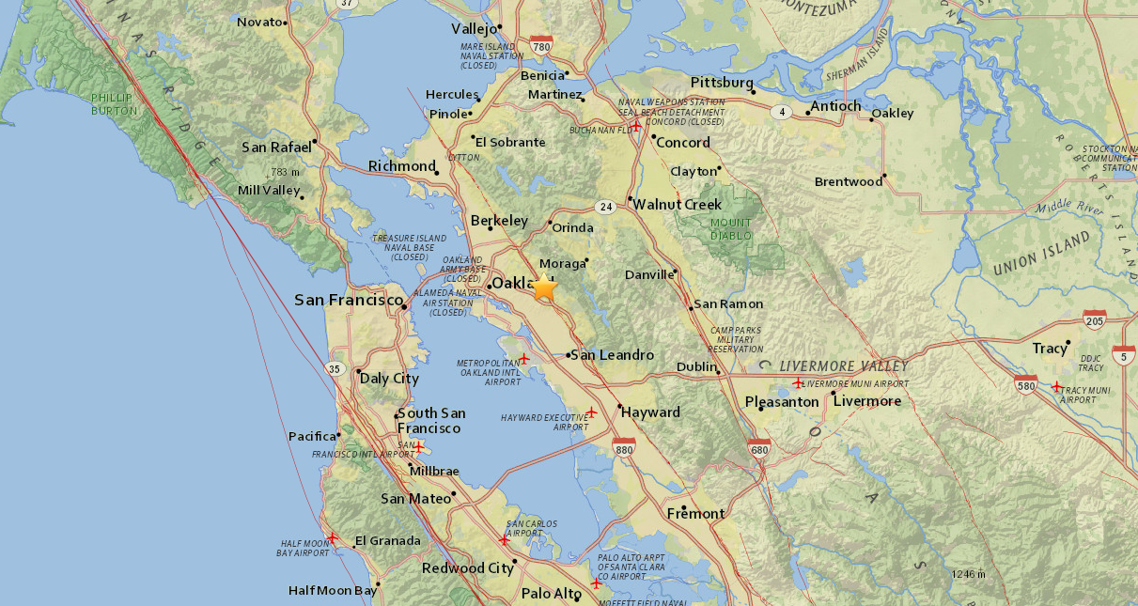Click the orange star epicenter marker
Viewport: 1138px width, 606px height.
pyautogui.click(x=544, y=287)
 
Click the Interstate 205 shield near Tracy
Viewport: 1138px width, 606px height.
pyautogui.click(x=1094, y=319)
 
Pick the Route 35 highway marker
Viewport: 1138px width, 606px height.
pyautogui.click(x=334, y=369)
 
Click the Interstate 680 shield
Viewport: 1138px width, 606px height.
pyautogui.click(x=759, y=450)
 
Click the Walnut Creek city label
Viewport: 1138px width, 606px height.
pyautogui.click(x=677, y=204)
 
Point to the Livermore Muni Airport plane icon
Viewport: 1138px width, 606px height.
pyautogui.click(x=798, y=382)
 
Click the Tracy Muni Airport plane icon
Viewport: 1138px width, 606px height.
pyautogui.click(x=1056, y=386)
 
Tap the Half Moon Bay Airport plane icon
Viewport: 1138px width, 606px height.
pyautogui.click(x=332, y=538)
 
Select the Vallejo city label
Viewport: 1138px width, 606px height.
pyautogui.click(x=474, y=28)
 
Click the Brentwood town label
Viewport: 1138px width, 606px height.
pyautogui.click(x=848, y=181)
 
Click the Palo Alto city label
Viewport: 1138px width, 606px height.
pyautogui.click(x=552, y=593)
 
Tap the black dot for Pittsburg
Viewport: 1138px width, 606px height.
pyautogui.click(x=754, y=92)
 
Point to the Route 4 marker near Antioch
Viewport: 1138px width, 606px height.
pyautogui.click(x=781, y=113)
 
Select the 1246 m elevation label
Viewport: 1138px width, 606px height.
pyautogui.click(x=967, y=574)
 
